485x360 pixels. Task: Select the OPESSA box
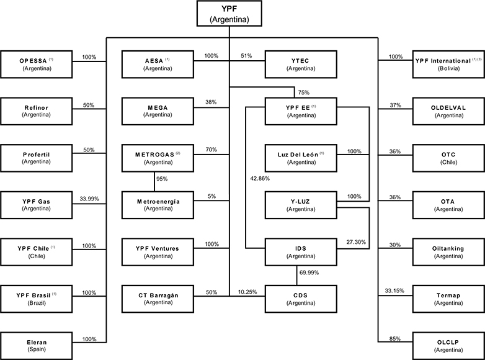pyautogui.click(x=37, y=63)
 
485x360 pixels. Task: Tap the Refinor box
pyautogui.click(x=37, y=110)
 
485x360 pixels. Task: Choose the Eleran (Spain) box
pyautogui.click(x=37, y=344)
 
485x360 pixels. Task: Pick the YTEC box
pyautogui.click(x=301, y=63)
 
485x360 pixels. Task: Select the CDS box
pyautogui.click(x=301, y=298)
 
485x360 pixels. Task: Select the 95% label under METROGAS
pyautogui.click(x=162, y=179)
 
